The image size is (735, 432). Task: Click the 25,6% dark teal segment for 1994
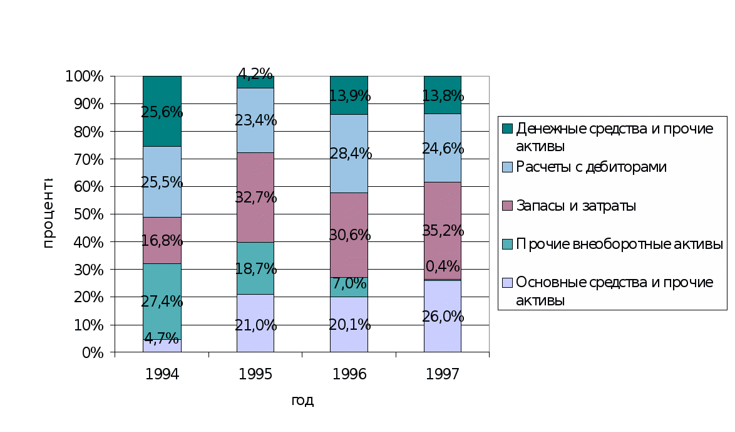pos(162,111)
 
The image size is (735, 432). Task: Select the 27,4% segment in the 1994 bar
pos(162,302)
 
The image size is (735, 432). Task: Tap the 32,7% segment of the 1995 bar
pos(255,197)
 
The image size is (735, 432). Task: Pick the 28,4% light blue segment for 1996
pos(349,153)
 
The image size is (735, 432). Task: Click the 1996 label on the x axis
pos(349,375)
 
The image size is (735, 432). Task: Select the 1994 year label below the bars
pos(162,375)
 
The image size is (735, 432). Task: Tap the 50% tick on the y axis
pos(91,214)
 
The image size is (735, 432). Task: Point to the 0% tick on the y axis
pos(94,352)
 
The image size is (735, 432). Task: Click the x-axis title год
pos(303,400)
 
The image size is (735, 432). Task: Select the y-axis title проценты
pos(48,213)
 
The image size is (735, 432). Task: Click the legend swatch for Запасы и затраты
pos(508,206)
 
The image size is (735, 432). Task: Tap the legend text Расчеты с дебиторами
pos(591,167)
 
